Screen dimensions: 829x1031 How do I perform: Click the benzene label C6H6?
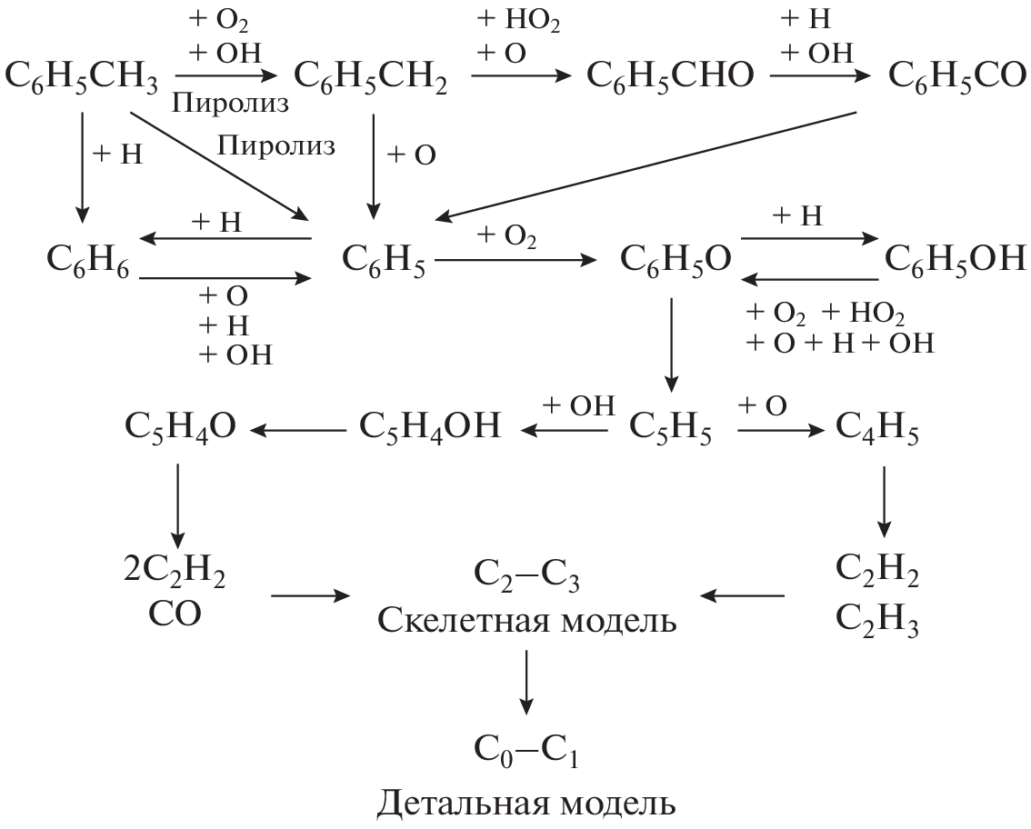[x=88, y=262]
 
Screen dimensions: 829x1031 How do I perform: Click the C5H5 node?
[x=672, y=426]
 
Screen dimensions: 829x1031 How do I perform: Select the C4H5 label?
[x=876, y=426]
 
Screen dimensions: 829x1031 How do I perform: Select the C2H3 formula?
[x=877, y=626]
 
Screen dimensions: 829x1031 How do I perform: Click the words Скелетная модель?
[x=527, y=624]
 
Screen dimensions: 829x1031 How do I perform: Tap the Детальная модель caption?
[x=527, y=804]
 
